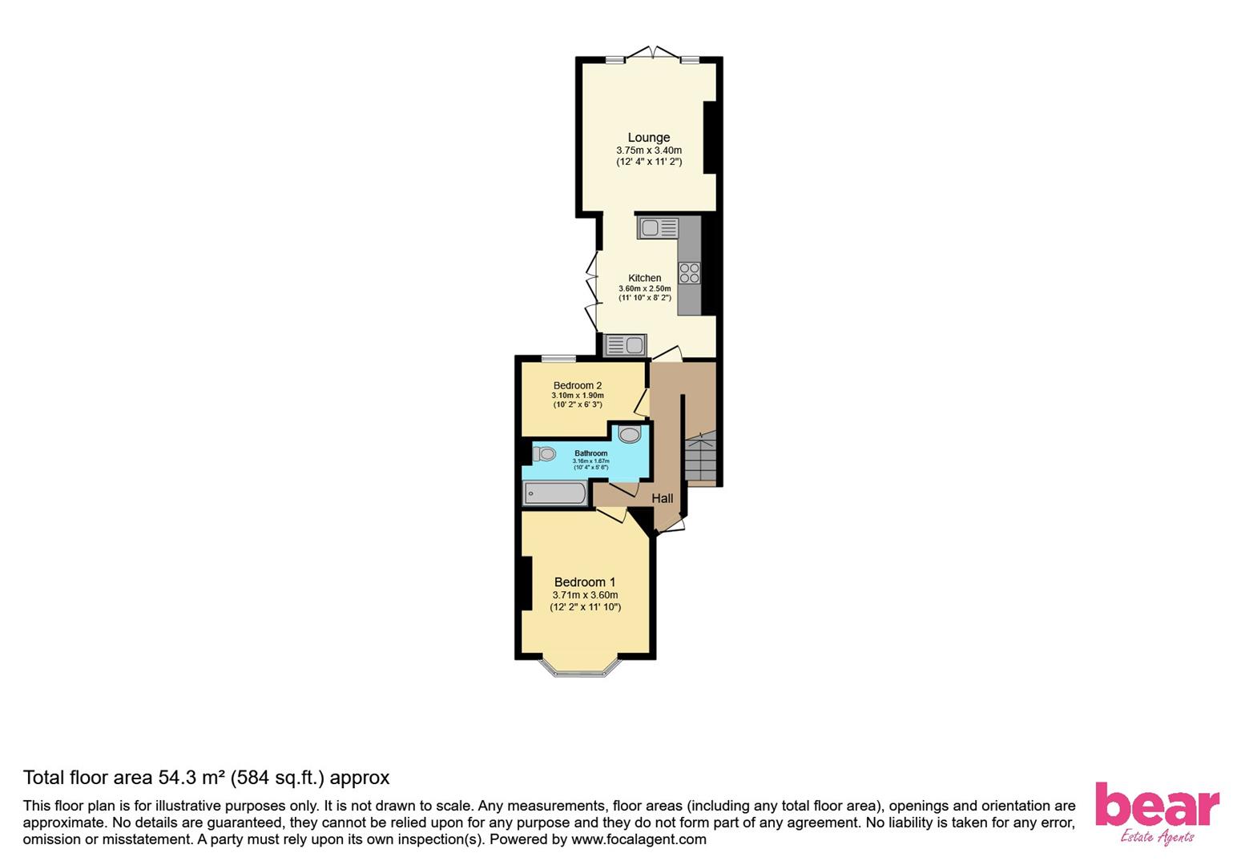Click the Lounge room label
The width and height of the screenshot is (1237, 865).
point(648,137)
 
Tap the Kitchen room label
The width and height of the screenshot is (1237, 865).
point(644,278)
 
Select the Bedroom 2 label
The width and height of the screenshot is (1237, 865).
point(577,385)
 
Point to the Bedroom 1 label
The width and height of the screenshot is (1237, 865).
point(585,582)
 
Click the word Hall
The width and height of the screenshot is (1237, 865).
point(662,498)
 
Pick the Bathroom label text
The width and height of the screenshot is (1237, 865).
point(590,453)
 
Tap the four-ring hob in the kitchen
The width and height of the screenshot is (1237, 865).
point(689,273)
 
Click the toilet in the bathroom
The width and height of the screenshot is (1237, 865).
point(544,454)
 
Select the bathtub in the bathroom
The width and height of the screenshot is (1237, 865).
point(556,493)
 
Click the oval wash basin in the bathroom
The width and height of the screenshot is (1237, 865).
point(630,435)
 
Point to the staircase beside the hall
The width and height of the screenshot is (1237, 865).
point(700,461)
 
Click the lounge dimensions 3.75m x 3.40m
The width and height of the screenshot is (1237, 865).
point(648,151)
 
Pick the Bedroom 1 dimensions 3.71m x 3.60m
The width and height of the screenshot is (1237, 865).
point(585,595)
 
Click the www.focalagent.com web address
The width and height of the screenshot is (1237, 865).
point(639,839)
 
